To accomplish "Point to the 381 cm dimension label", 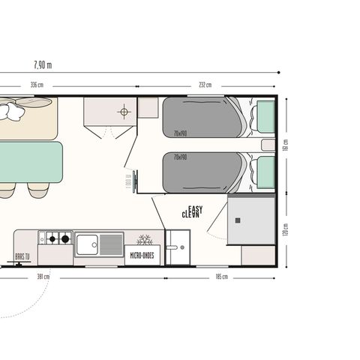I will tap(43, 277).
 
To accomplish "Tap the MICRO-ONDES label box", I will tap(142, 255).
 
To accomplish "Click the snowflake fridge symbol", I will tap(147, 239).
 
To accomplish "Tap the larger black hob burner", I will tap(65, 239).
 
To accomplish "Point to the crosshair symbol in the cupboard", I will tap(124, 112).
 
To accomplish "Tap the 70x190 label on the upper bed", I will tap(180, 133).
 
